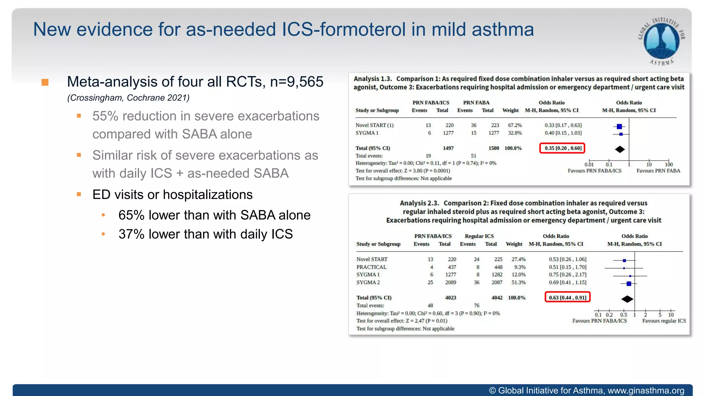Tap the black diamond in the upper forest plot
pyautogui.click(x=620, y=149)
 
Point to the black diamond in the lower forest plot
pyautogui.click(x=627, y=299)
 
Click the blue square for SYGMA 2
pyautogui.click(x=629, y=284)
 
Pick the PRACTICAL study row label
pyautogui.click(x=371, y=267)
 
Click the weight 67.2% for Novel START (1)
pyautogui.click(x=515, y=125)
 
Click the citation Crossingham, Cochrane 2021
pyautogui.click(x=128, y=98)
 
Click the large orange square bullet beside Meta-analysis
pyautogui.click(x=45, y=82)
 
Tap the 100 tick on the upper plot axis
pyautogui.click(x=669, y=164)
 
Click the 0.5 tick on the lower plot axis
pyautogui.click(x=623, y=315)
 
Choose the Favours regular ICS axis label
pyautogui.click(x=664, y=321)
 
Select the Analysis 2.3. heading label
pyautogui.click(x=419, y=203)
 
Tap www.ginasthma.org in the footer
pyautogui.click(x=646, y=390)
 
